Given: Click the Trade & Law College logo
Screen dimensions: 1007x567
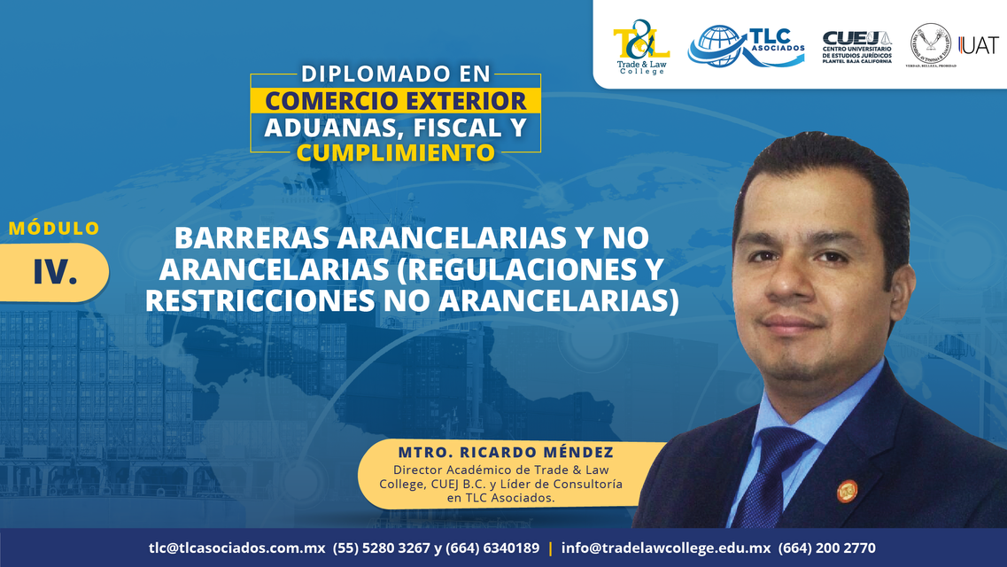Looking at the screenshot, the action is pyautogui.click(x=641, y=47).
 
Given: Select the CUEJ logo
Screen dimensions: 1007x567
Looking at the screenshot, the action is pyautogui.click(x=857, y=46).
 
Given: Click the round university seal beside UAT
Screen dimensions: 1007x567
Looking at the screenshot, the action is pyautogui.click(x=931, y=43).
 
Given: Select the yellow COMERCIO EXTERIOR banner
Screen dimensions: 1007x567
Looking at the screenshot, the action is pyautogui.click(x=396, y=100).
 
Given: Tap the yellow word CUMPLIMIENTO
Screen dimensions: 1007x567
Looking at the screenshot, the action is pyautogui.click(x=396, y=153).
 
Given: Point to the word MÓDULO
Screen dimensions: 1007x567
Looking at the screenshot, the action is pyautogui.click(x=55, y=228).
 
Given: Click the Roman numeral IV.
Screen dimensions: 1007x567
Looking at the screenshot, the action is pyautogui.click(x=55, y=272).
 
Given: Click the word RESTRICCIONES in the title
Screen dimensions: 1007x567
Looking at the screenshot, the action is pyautogui.click(x=259, y=301).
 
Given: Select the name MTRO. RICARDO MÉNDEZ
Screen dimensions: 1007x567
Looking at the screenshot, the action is pyautogui.click(x=506, y=452).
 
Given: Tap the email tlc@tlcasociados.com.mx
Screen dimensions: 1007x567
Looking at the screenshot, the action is pyautogui.click(x=237, y=548).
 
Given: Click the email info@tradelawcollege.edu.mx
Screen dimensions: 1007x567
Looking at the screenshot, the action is pyautogui.click(x=666, y=548).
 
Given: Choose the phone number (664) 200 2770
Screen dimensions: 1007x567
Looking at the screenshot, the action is pyautogui.click(x=826, y=548).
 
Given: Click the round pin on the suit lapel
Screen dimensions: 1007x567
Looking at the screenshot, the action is pyautogui.click(x=847, y=491).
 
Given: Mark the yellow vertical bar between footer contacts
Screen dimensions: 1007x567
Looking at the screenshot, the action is pyautogui.click(x=550, y=548).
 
